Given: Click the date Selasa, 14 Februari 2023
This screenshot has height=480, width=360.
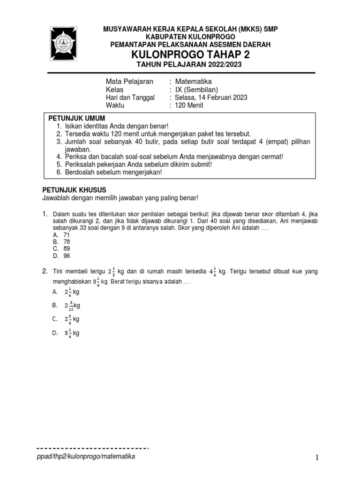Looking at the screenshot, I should coord(211,97).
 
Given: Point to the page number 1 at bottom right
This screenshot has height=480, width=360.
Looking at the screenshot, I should coord(317,458).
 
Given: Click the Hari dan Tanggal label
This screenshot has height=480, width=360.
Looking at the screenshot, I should coord(130,97).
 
